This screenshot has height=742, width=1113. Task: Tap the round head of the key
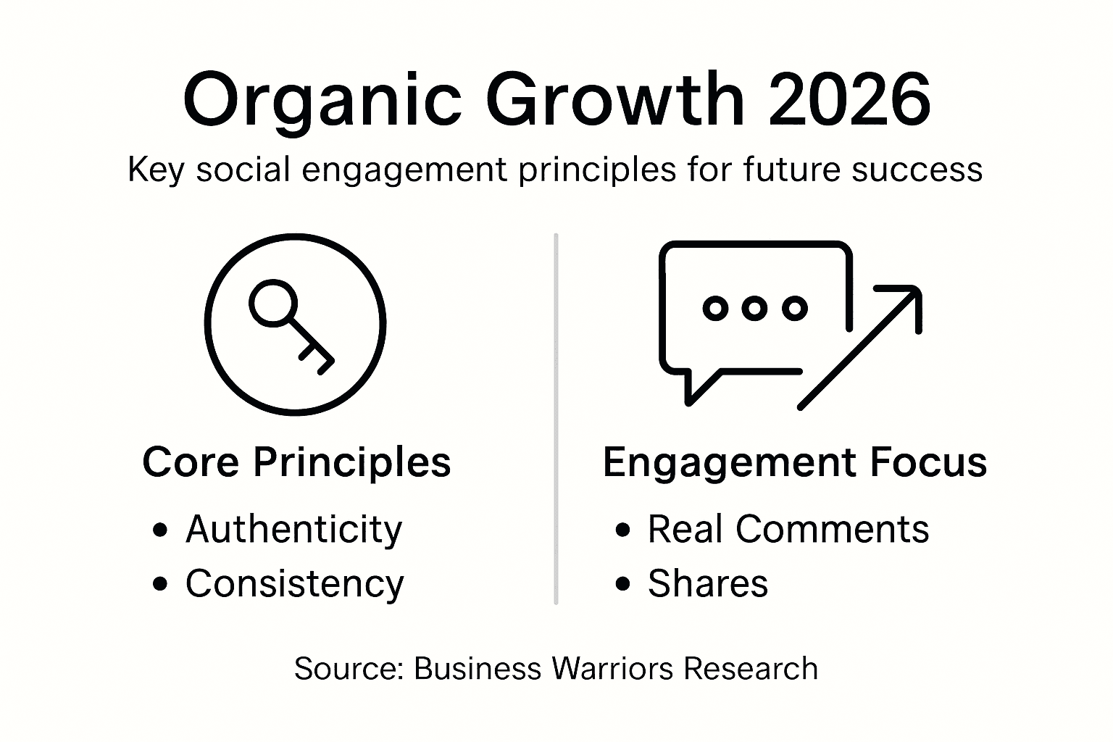tap(273, 303)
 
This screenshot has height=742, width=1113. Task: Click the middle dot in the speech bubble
tap(755, 308)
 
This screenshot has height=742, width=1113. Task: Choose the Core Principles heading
tap(296, 462)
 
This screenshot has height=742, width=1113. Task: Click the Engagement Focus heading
tap(794, 462)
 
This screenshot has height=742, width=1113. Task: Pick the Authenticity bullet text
tap(293, 529)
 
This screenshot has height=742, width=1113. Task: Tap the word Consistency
tap(294, 583)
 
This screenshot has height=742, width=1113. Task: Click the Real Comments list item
tap(788, 529)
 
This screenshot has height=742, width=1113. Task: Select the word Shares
tap(707, 583)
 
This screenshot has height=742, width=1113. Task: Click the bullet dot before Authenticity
tap(160, 530)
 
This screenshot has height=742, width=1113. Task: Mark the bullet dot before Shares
tap(622, 584)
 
